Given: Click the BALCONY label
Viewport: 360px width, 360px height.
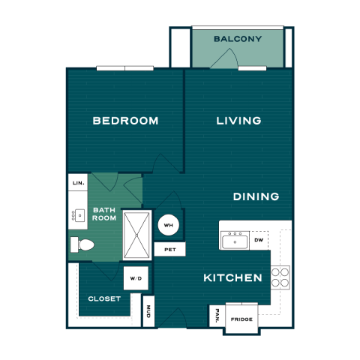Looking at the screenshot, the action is click(238, 39).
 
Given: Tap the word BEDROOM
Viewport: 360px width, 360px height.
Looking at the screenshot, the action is click(125, 121).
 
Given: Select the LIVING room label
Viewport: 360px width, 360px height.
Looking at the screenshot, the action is click(238, 121).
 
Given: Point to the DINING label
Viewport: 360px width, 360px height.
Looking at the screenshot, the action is click(256, 196).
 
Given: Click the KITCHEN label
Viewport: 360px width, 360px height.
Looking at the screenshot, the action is click(232, 277).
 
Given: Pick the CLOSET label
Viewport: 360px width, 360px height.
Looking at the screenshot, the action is click(104, 298).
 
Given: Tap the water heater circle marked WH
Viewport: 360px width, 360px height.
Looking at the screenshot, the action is click(169, 225).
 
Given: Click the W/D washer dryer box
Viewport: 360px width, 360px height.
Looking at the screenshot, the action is click(136, 278).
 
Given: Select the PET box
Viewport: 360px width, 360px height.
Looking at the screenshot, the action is click(170, 249).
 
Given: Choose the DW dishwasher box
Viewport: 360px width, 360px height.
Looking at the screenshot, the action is click(259, 240).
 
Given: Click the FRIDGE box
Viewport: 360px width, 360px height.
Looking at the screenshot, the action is click(241, 319).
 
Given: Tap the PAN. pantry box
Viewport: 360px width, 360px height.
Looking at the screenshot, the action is click(217, 316).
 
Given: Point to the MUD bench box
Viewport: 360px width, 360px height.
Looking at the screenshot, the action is click(148, 311).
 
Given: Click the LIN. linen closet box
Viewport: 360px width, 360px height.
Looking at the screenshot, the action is click(78, 182).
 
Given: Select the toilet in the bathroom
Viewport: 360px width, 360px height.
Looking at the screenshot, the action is click(82, 244).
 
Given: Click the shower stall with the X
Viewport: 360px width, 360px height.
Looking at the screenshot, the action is click(137, 235).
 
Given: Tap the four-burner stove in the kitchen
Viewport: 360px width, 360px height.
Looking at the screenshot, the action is click(280, 277).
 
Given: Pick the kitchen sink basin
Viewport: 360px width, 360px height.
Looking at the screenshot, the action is click(235, 241).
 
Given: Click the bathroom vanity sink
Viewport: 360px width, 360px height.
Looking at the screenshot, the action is click(79, 215).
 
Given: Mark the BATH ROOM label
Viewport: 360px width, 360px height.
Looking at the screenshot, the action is click(104, 214).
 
